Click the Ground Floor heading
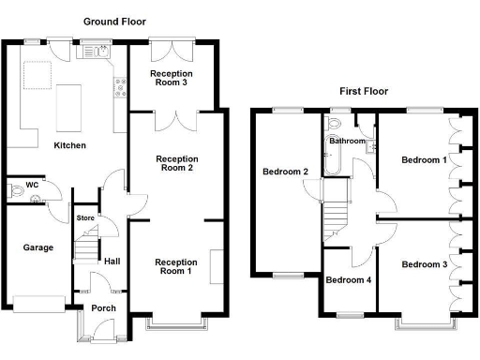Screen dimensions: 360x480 tap(114, 21)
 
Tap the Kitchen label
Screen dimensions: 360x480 tap(70, 146)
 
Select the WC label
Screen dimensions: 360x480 tap(31, 185)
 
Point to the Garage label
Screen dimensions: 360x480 tap(38, 247)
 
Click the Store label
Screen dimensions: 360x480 tap(86, 218)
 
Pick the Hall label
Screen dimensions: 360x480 tap(112, 262)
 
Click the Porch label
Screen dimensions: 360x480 tap(103, 308)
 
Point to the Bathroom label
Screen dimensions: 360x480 tap(347, 141)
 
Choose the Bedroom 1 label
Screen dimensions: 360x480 tap(424, 160)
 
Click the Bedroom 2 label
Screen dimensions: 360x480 tap(285, 172)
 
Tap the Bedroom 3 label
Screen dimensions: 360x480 tap(424, 264)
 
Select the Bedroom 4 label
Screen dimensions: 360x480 tap(349, 279)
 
